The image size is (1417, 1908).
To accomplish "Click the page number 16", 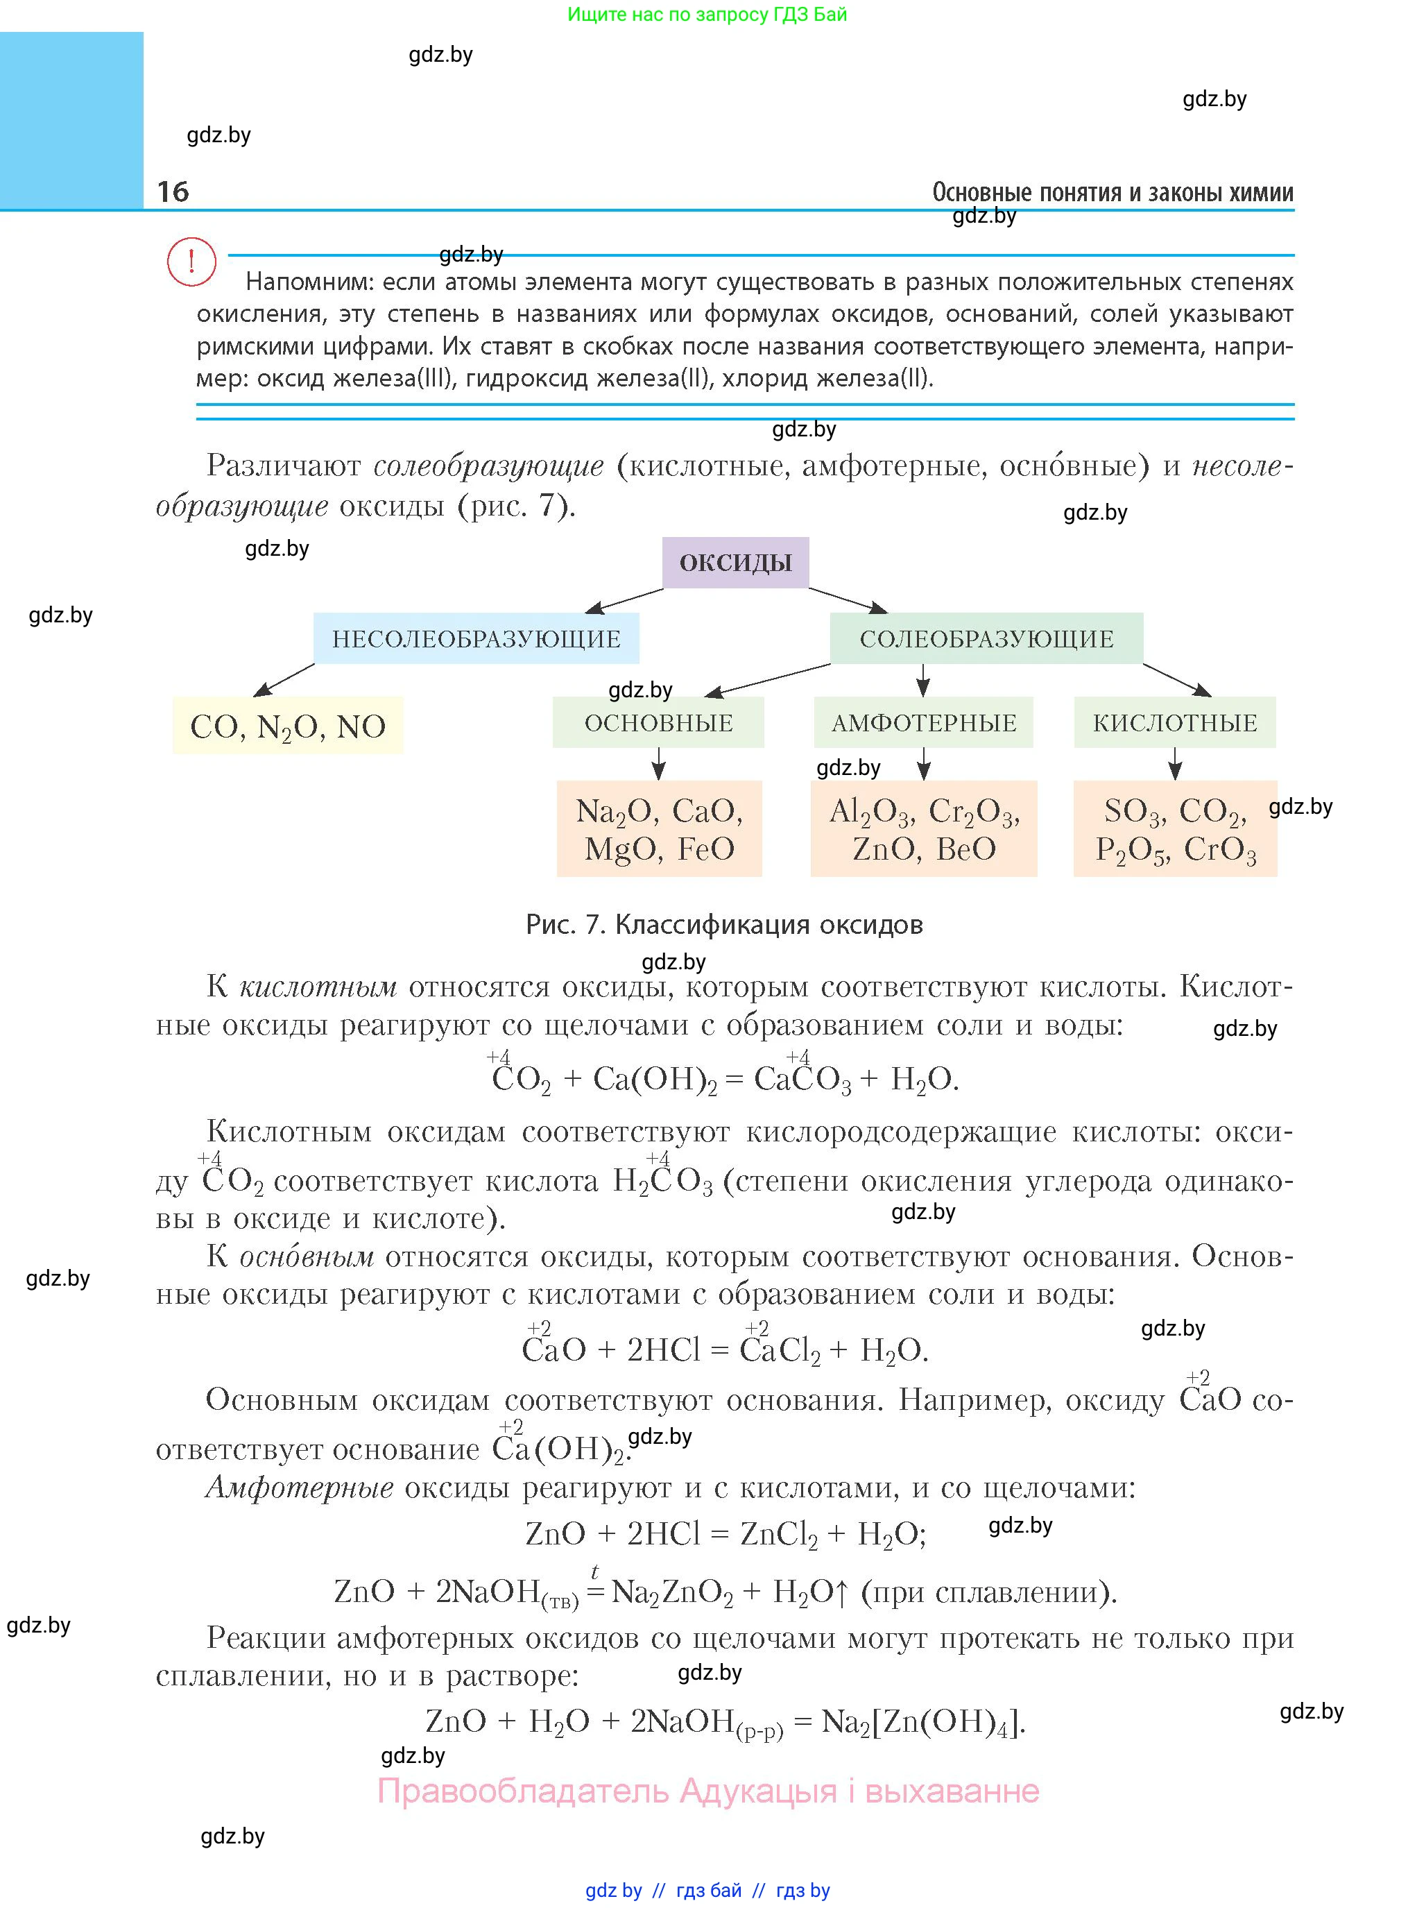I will click(173, 191).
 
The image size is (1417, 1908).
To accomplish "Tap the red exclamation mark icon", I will click(191, 261).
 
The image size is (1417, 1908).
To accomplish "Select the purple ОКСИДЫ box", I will click(735, 563).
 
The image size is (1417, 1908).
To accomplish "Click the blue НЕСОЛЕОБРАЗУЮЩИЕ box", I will click(476, 638).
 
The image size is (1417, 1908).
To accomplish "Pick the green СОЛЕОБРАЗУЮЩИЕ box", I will click(986, 638).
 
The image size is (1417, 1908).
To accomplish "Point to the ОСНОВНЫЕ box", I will click(658, 722).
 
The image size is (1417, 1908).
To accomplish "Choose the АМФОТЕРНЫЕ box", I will click(923, 722).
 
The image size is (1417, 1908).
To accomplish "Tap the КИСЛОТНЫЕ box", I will click(1174, 722).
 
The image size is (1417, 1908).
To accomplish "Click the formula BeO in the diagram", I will click(966, 849).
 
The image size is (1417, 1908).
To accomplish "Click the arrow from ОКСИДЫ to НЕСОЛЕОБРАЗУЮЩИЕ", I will click(624, 601).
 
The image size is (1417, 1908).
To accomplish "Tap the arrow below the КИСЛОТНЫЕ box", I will click(1174, 763).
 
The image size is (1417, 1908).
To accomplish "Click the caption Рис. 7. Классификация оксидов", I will click(724, 925).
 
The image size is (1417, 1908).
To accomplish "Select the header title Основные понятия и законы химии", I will click(1113, 192).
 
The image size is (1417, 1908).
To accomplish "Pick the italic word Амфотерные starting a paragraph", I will click(300, 1488).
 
